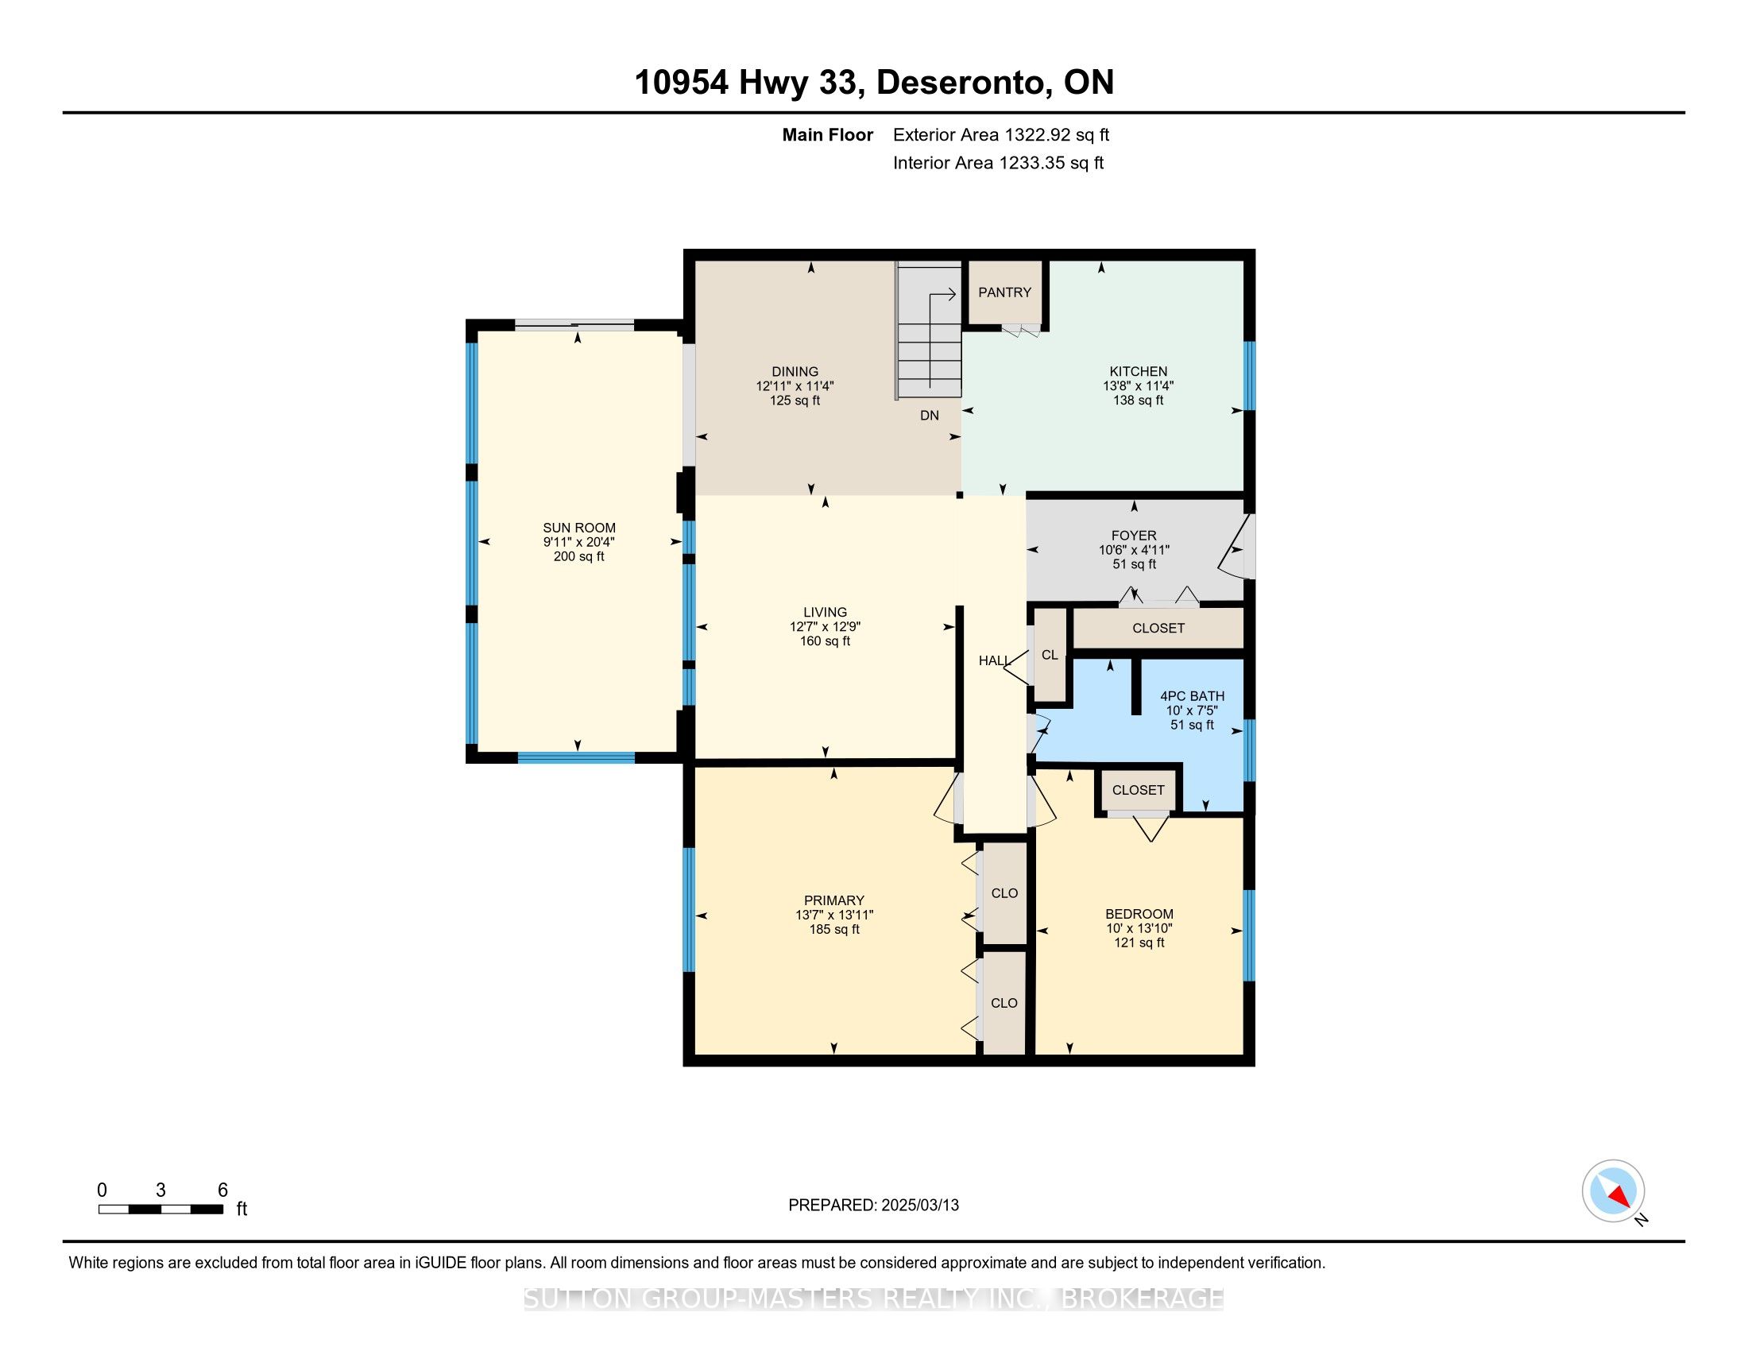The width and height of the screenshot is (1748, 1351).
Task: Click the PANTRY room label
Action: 1004,293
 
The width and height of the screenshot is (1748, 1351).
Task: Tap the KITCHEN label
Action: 1138,371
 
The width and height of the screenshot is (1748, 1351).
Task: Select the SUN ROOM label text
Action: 579,528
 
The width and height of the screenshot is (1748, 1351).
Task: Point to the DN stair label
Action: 930,416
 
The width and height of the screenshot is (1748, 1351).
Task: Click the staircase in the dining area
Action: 928,330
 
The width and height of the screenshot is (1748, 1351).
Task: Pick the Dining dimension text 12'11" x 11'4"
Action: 795,385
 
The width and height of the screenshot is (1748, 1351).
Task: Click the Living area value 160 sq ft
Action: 826,641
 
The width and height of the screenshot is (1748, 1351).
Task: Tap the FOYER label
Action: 1134,536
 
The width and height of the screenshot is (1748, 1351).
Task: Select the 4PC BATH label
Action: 1193,696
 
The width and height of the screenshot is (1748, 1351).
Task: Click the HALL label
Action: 995,661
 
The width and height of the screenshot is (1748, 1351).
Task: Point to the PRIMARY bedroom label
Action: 834,900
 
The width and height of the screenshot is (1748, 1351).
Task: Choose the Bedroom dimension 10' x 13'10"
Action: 1139,928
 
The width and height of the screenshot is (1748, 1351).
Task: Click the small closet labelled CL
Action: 1050,655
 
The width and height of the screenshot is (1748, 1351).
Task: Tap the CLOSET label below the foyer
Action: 1158,629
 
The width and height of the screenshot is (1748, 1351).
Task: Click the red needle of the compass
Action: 1619,1197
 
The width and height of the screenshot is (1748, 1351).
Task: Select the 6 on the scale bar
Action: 222,1190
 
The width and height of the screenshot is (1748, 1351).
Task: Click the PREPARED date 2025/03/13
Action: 920,1206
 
